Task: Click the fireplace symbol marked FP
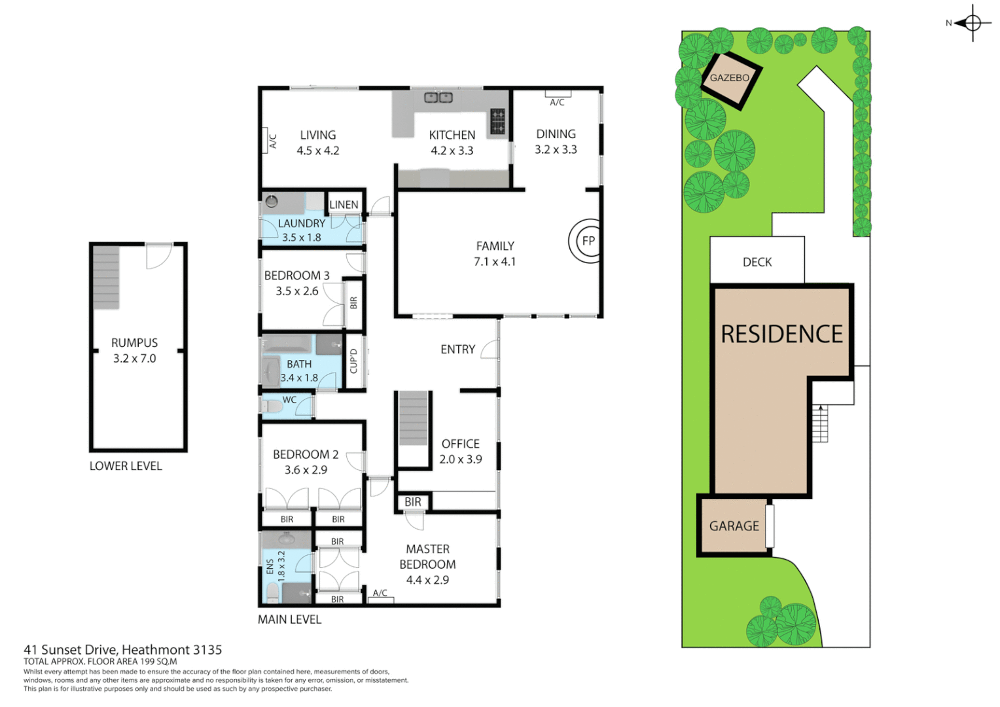click(588, 241)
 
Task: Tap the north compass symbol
click(972, 24)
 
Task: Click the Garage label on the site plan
click(734, 526)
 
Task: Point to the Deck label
click(757, 262)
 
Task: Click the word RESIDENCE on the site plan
click(781, 335)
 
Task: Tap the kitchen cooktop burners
click(497, 121)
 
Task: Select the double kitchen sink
click(438, 98)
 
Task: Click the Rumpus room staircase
click(106, 278)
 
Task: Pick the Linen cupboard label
click(344, 205)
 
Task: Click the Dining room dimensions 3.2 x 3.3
click(556, 150)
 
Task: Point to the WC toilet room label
click(289, 400)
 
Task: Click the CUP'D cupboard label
click(353, 361)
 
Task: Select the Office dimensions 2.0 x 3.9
click(460, 460)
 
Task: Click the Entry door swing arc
click(489, 350)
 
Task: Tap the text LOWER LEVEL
click(126, 466)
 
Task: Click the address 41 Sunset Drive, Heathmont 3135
click(123, 650)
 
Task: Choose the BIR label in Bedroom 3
click(353, 302)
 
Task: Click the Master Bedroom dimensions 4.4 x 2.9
click(427, 580)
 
